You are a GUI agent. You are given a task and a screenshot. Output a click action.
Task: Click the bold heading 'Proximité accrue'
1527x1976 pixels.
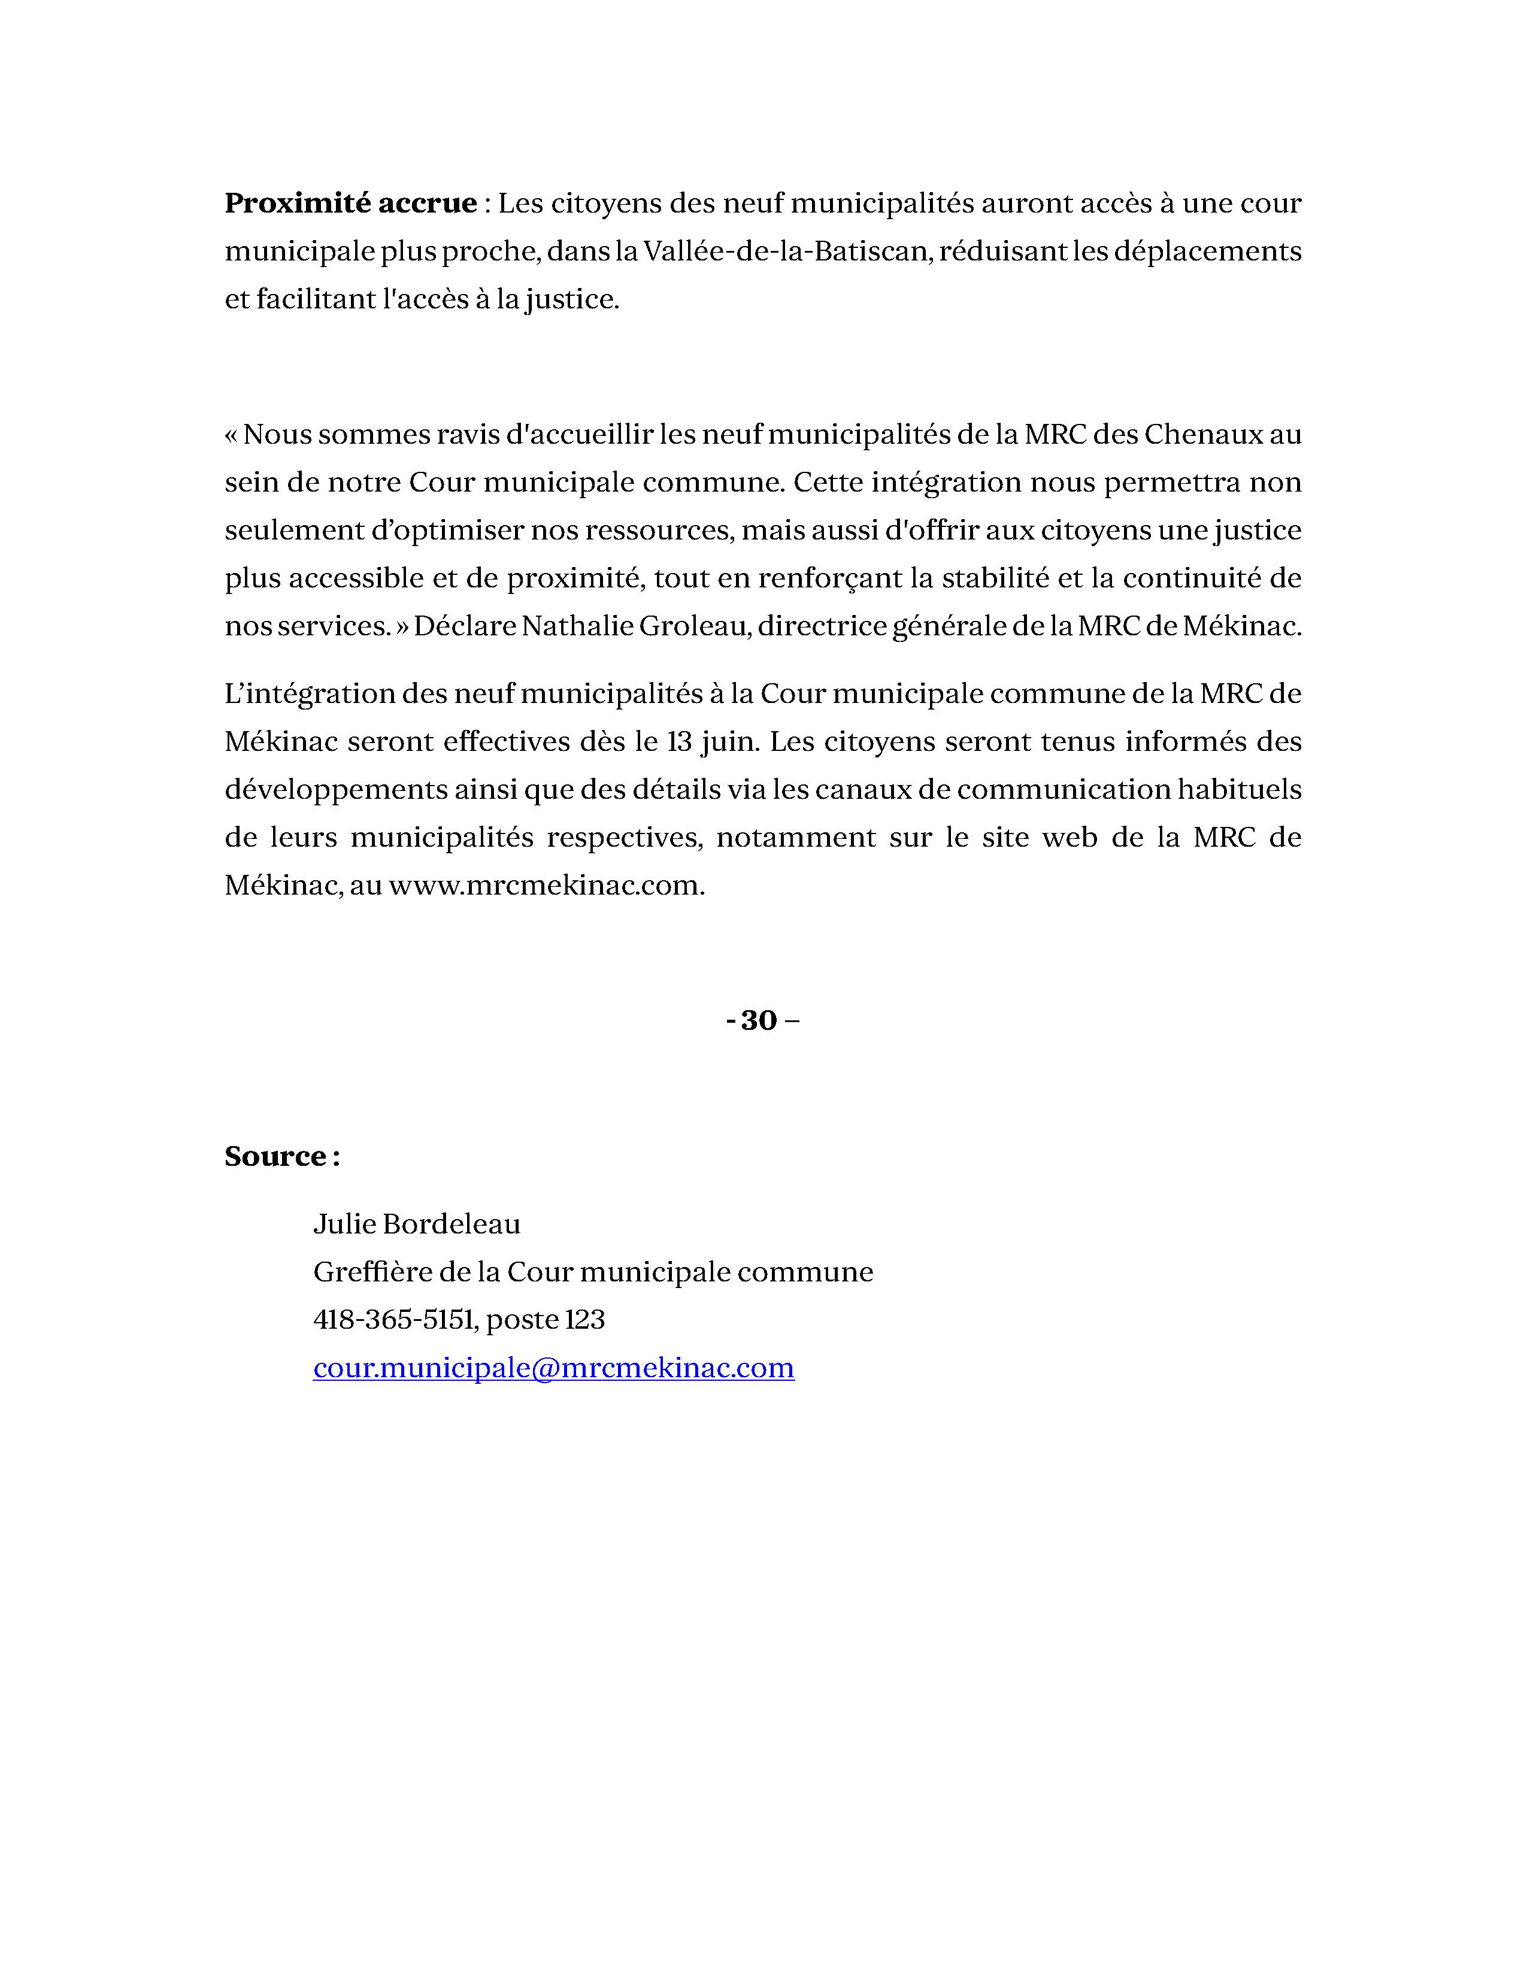pyautogui.click(x=350, y=204)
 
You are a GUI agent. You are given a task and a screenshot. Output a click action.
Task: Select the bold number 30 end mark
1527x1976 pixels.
pyautogui.click(x=759, y=1020)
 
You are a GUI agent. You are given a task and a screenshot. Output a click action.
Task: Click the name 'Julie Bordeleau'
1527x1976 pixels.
pyautogui.click(x=417, y=1224)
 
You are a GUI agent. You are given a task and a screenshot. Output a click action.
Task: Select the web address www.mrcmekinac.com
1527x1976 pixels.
pyautogui.click(x=546, y=886)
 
